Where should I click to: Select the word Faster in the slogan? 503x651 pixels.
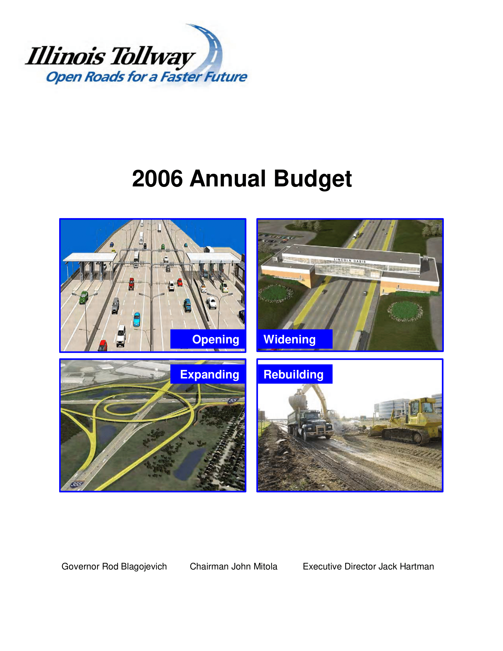pyautogui.click(x=181, y=77)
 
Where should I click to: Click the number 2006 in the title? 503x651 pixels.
pyautogui.click(x=157, y=178)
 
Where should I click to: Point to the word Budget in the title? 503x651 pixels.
pyautogui.click(x=313, y=179)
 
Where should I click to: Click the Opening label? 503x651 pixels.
pyautogui.click(x=215, y=339)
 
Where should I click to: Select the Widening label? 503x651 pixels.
pyautogui.click(x=289, y=339)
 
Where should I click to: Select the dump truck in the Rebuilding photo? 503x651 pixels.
pyautogui.click(x=310, y=425)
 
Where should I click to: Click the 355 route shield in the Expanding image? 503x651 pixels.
pyautogui.click(x=77, y=484)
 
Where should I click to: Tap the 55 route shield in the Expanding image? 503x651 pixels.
pyautogui.click(x=233, y=400)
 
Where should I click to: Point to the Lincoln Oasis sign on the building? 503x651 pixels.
pyautogui.click(x=349, y=260)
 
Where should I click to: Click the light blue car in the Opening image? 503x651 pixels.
pyautogui.click(x=137, y=319)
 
